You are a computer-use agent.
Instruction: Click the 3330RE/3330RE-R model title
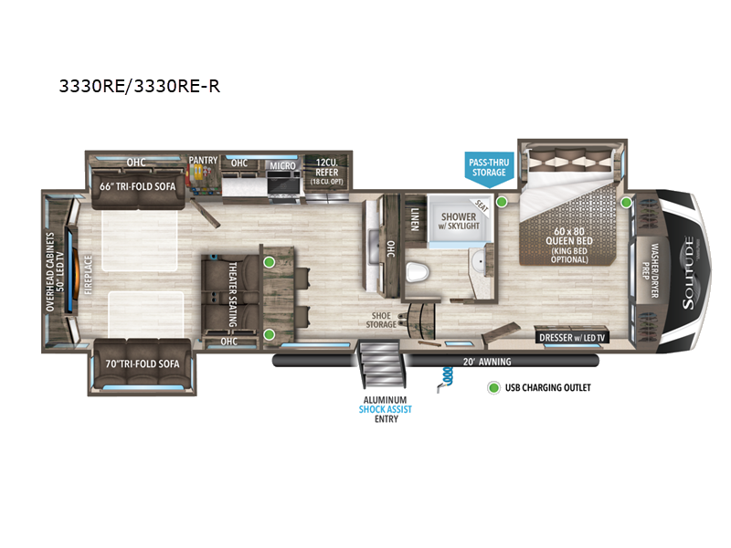coord(140,86)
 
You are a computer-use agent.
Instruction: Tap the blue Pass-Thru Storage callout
coord(489,169)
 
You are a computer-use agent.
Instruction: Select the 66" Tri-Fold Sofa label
coord(138,186)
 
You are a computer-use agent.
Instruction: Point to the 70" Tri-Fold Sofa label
coord(143,364)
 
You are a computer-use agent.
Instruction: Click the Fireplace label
coord(88,275)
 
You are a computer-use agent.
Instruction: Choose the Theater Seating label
coord(233,294)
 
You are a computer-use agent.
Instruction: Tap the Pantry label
coord(203,161)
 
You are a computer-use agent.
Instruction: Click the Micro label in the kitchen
coord(282,165)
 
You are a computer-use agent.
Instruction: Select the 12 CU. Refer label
coord(326,171)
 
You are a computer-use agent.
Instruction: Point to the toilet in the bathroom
coord(418,272)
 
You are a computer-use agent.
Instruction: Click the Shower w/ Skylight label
coord(459,221)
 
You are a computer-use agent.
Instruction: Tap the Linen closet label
coord(415,219)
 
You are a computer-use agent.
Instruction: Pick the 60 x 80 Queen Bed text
coord(568,237)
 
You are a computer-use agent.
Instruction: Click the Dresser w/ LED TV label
coord(572,338)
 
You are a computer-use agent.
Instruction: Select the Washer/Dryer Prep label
coord(651,270)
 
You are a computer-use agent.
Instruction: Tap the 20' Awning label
coord(487,362)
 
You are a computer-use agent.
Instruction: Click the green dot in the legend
coord(493,387)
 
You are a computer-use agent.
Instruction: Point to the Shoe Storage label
coord(381,321)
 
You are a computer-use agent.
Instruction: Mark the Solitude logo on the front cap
coord(689,272)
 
